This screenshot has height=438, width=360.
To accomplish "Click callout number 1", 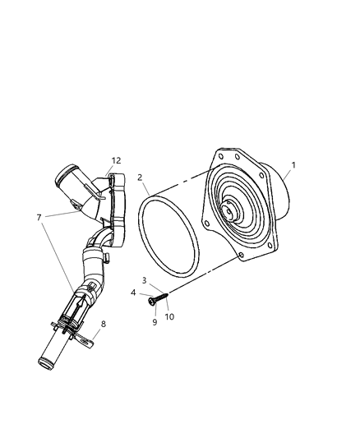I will point(293,164).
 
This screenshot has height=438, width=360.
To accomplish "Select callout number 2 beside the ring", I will point(141,177).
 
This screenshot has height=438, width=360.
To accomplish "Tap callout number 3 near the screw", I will point(144,280).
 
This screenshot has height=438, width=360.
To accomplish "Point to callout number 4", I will point(132,292).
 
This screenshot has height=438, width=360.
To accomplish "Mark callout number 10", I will point(169,316).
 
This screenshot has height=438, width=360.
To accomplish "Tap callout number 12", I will point(115,160).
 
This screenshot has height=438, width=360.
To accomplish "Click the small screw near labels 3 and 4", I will point(158,298).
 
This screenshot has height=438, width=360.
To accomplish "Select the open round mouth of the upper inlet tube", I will point(66,178).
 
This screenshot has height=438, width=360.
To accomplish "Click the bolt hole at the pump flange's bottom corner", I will point(239,256).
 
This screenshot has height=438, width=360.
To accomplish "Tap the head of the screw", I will point(153,302).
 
